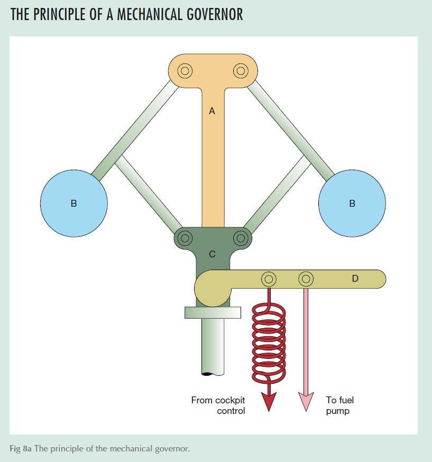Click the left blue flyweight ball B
[74, 202]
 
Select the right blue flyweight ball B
[352, 202]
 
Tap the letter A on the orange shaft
[212, 111]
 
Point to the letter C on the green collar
[212, 254]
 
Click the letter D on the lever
[355, 279]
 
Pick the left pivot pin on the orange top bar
[185, 70]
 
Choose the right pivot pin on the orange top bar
[241, 70]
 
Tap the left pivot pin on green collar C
[185, 237]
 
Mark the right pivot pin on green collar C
[241, 237]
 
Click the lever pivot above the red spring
[269, 279]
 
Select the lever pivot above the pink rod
[306, 279]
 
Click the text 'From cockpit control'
[218, 405]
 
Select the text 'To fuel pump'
[340, 405]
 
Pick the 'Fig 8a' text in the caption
[20, 449]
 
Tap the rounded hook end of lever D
[209, 289]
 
